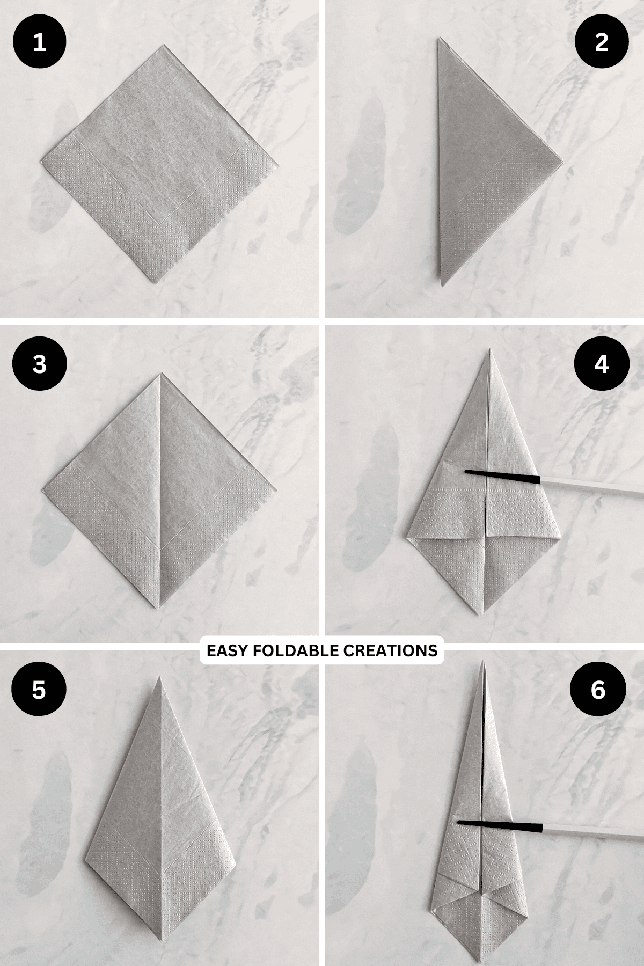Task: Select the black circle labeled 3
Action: tap(39, 364)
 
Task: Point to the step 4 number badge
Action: tap(602, 364)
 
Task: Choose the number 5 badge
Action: tap(39, 690)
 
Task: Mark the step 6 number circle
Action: tap(597, 690)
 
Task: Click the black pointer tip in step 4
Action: tap(465, 472)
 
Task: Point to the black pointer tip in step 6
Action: tap(459, 837)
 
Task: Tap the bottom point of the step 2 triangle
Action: tap(442, 286)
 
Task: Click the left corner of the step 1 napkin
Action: tap(41, 161)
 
